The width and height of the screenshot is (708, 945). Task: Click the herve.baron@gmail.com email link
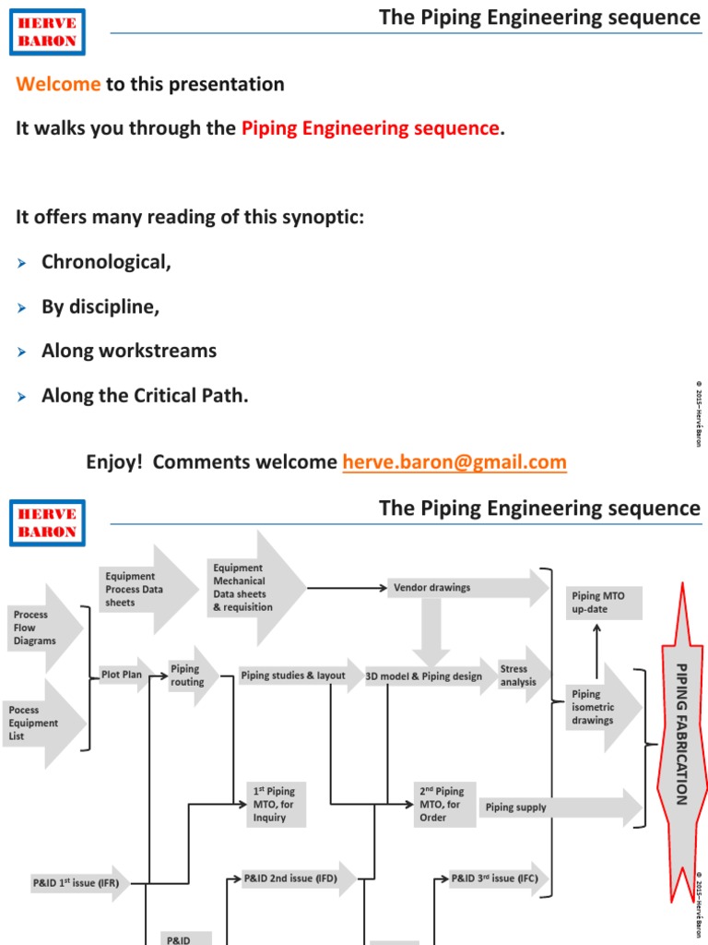[454, 461]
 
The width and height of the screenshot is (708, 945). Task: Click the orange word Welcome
[58, 84]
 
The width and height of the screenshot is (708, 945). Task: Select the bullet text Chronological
[106, 261]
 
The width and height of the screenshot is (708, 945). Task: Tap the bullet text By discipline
[100, 306]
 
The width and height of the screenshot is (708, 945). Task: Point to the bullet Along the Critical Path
[145, 396]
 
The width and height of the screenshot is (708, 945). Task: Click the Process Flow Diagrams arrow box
[37, 628]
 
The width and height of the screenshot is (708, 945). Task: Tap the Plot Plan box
[123, 676]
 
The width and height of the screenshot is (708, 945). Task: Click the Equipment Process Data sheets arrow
[138, 589]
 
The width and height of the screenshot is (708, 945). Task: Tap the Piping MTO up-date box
[601, 603]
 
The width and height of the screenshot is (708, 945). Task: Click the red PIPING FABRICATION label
[682, 734]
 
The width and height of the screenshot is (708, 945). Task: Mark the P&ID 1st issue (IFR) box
[76, 883]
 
